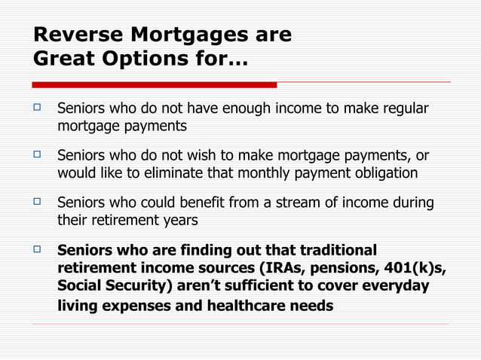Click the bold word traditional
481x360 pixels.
coord(339,250)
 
